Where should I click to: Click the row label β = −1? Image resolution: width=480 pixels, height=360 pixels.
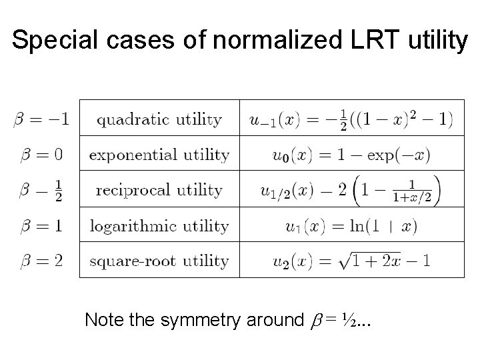coord(41,120)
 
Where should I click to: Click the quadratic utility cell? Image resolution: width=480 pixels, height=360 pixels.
coord(159,120)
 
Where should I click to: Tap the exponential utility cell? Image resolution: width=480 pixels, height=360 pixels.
coord(159,155)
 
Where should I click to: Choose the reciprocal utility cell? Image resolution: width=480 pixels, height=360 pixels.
coord(159,190)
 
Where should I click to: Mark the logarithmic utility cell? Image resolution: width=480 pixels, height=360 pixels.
coord(159,226)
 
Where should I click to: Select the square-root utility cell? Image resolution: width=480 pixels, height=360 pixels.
coord(159,261)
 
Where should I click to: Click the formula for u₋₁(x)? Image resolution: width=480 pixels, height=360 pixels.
coord(351,120)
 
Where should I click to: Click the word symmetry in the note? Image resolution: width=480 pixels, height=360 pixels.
coord(203,321)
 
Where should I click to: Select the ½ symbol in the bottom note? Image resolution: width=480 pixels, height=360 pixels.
coord(348,321)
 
